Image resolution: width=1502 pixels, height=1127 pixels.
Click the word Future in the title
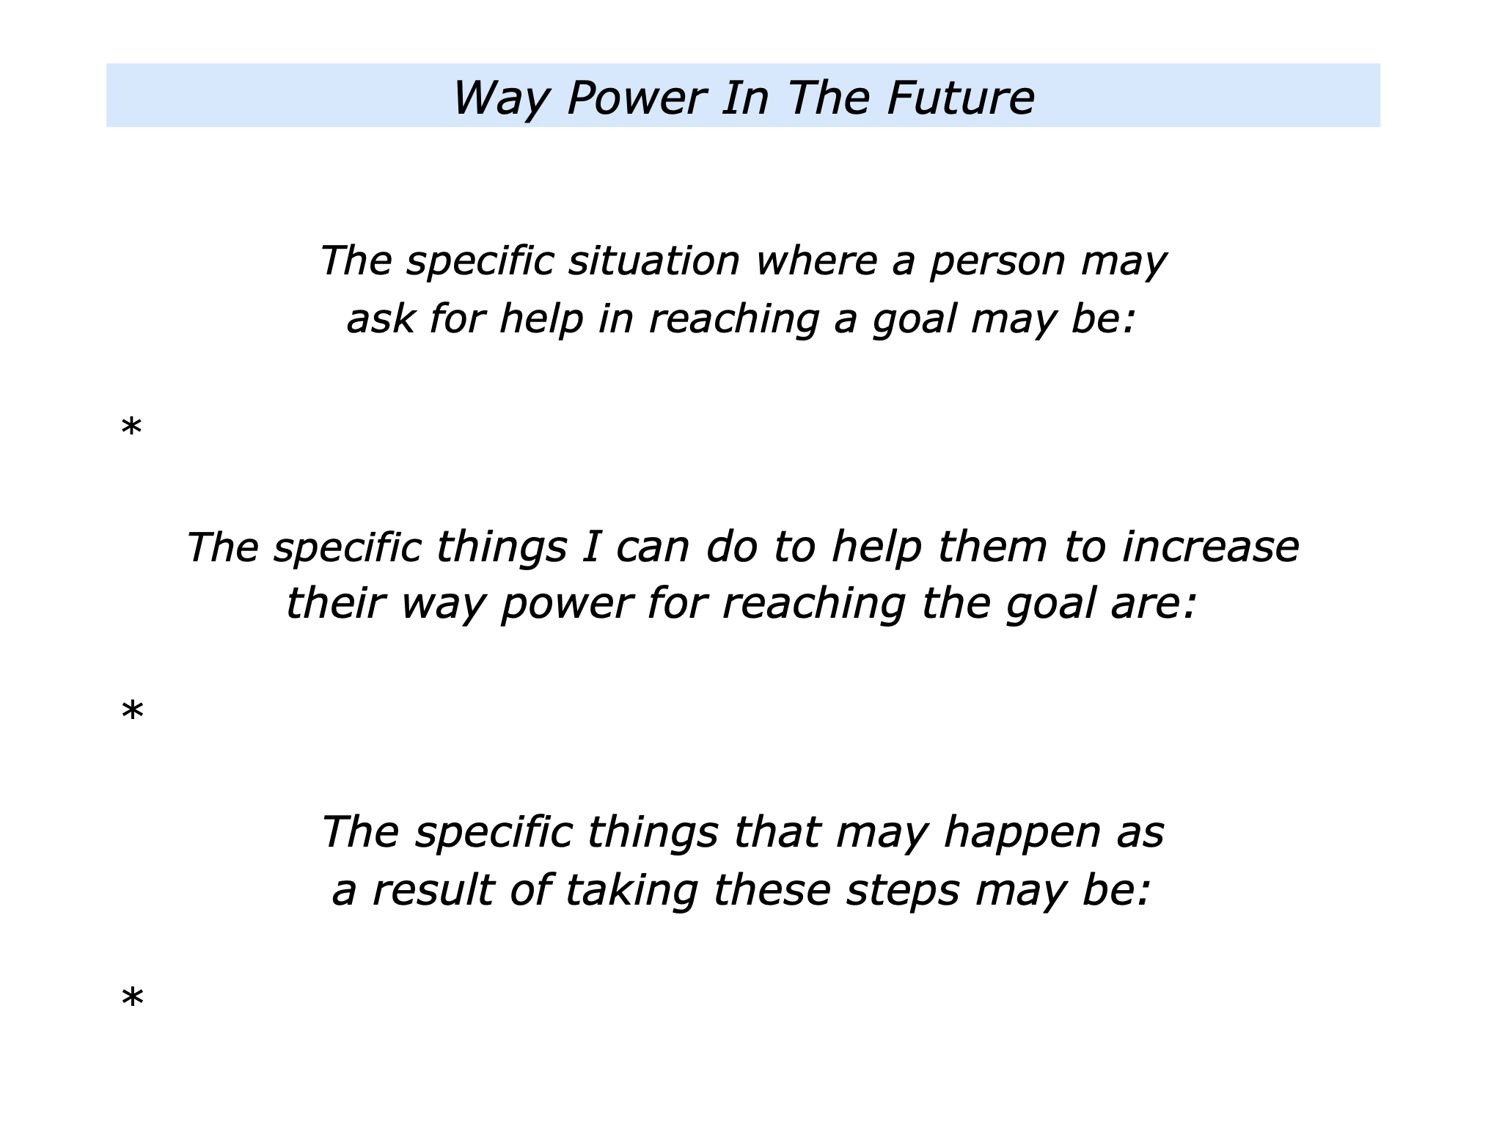pos(960,98)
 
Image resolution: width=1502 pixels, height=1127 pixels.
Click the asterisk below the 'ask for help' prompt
pos(131,428)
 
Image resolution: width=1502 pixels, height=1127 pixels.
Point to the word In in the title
pos(746,98)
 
